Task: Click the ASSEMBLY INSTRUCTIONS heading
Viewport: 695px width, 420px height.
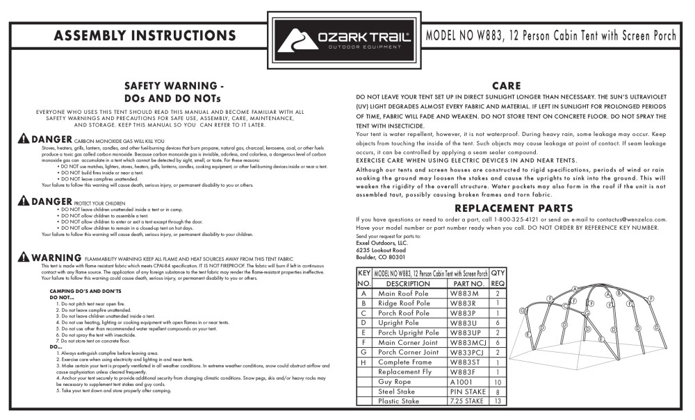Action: [145, 35]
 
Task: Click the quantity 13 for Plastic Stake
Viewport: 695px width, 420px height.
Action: [498, 401]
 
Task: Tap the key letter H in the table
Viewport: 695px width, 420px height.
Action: [363, 362]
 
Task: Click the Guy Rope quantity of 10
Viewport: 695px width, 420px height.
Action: [498, 382]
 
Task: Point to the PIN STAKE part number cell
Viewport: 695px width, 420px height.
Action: [467, 392]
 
